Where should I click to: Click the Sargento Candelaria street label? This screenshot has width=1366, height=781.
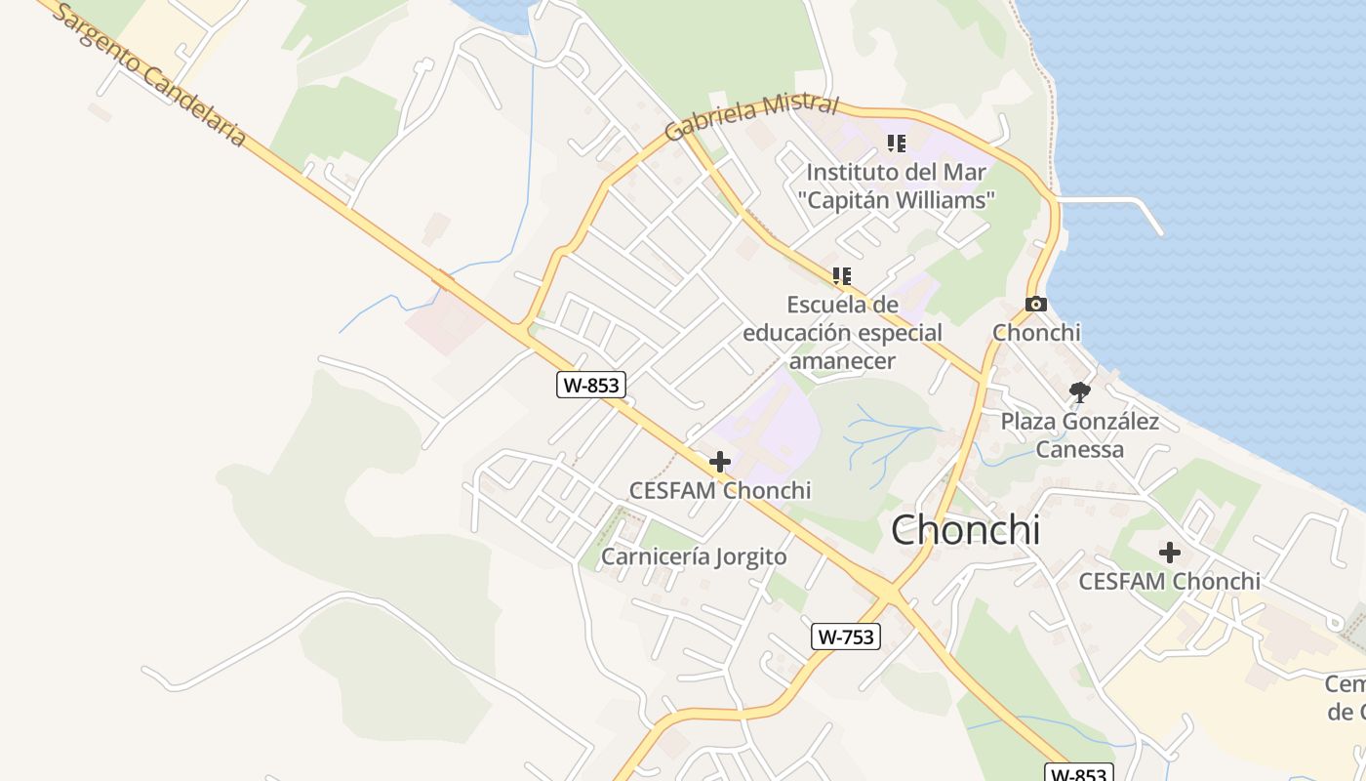pos(146,74)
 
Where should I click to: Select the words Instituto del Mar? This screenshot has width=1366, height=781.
pos(896,173)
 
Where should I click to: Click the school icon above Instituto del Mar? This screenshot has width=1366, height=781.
pos(897,144)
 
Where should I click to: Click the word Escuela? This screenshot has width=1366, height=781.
pos(828,304)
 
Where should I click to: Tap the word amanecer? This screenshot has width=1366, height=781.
pos(842,360)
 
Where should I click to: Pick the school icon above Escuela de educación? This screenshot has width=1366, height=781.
pos(842,276)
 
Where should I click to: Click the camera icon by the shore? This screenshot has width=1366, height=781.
pos(1036,305)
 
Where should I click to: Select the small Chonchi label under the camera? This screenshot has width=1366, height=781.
pos(1036,332)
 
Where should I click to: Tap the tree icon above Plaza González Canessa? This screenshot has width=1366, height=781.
pos(1079,392)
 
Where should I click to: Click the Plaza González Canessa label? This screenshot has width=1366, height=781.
pos(1079,435)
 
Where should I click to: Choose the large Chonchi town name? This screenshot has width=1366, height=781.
pos(965,530)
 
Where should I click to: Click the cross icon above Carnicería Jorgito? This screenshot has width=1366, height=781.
pos(720,462)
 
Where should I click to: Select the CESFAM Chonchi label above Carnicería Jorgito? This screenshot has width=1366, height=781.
pos(720,490)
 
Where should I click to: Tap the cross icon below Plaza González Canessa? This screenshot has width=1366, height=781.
pos(1169,553)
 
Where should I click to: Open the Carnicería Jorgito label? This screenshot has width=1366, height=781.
pos(694,556)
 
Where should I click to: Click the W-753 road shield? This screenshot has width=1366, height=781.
pos(846,637)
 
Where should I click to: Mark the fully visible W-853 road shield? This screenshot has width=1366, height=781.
pos(590,385)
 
